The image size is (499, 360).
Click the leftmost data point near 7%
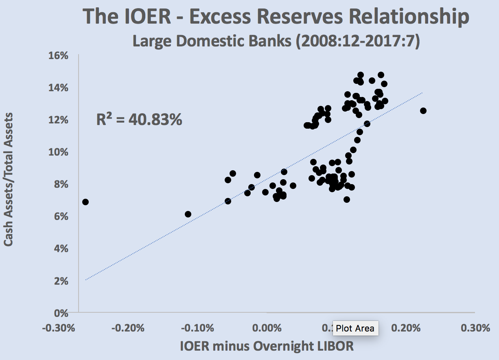(x=85, y=202)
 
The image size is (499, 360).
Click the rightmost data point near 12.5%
(x=423, y=111)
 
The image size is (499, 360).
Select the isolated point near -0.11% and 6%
(x=188, y=214)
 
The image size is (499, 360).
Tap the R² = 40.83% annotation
(x=139, y=120)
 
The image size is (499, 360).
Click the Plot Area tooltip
(x=355, y=328)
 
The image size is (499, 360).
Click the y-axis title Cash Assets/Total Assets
(x=9, y=179)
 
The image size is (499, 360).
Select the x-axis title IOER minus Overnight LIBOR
(x=267, y=346)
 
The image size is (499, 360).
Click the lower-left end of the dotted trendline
(x=86, y=279)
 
